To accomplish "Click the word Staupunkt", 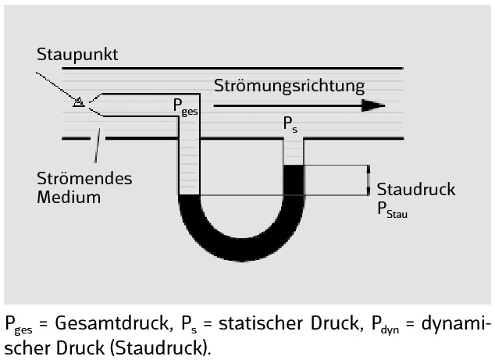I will tap(77, 55).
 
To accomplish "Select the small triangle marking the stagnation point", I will tap(78, 101).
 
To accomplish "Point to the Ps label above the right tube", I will tap(290, 125).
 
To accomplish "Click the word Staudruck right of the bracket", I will tap(416, 190).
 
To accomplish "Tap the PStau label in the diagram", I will tap(393, 209).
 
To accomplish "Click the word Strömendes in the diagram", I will tap(84, 178).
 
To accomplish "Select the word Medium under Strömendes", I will tap(69, 197).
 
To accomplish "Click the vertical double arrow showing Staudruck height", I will tap(368, 180).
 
